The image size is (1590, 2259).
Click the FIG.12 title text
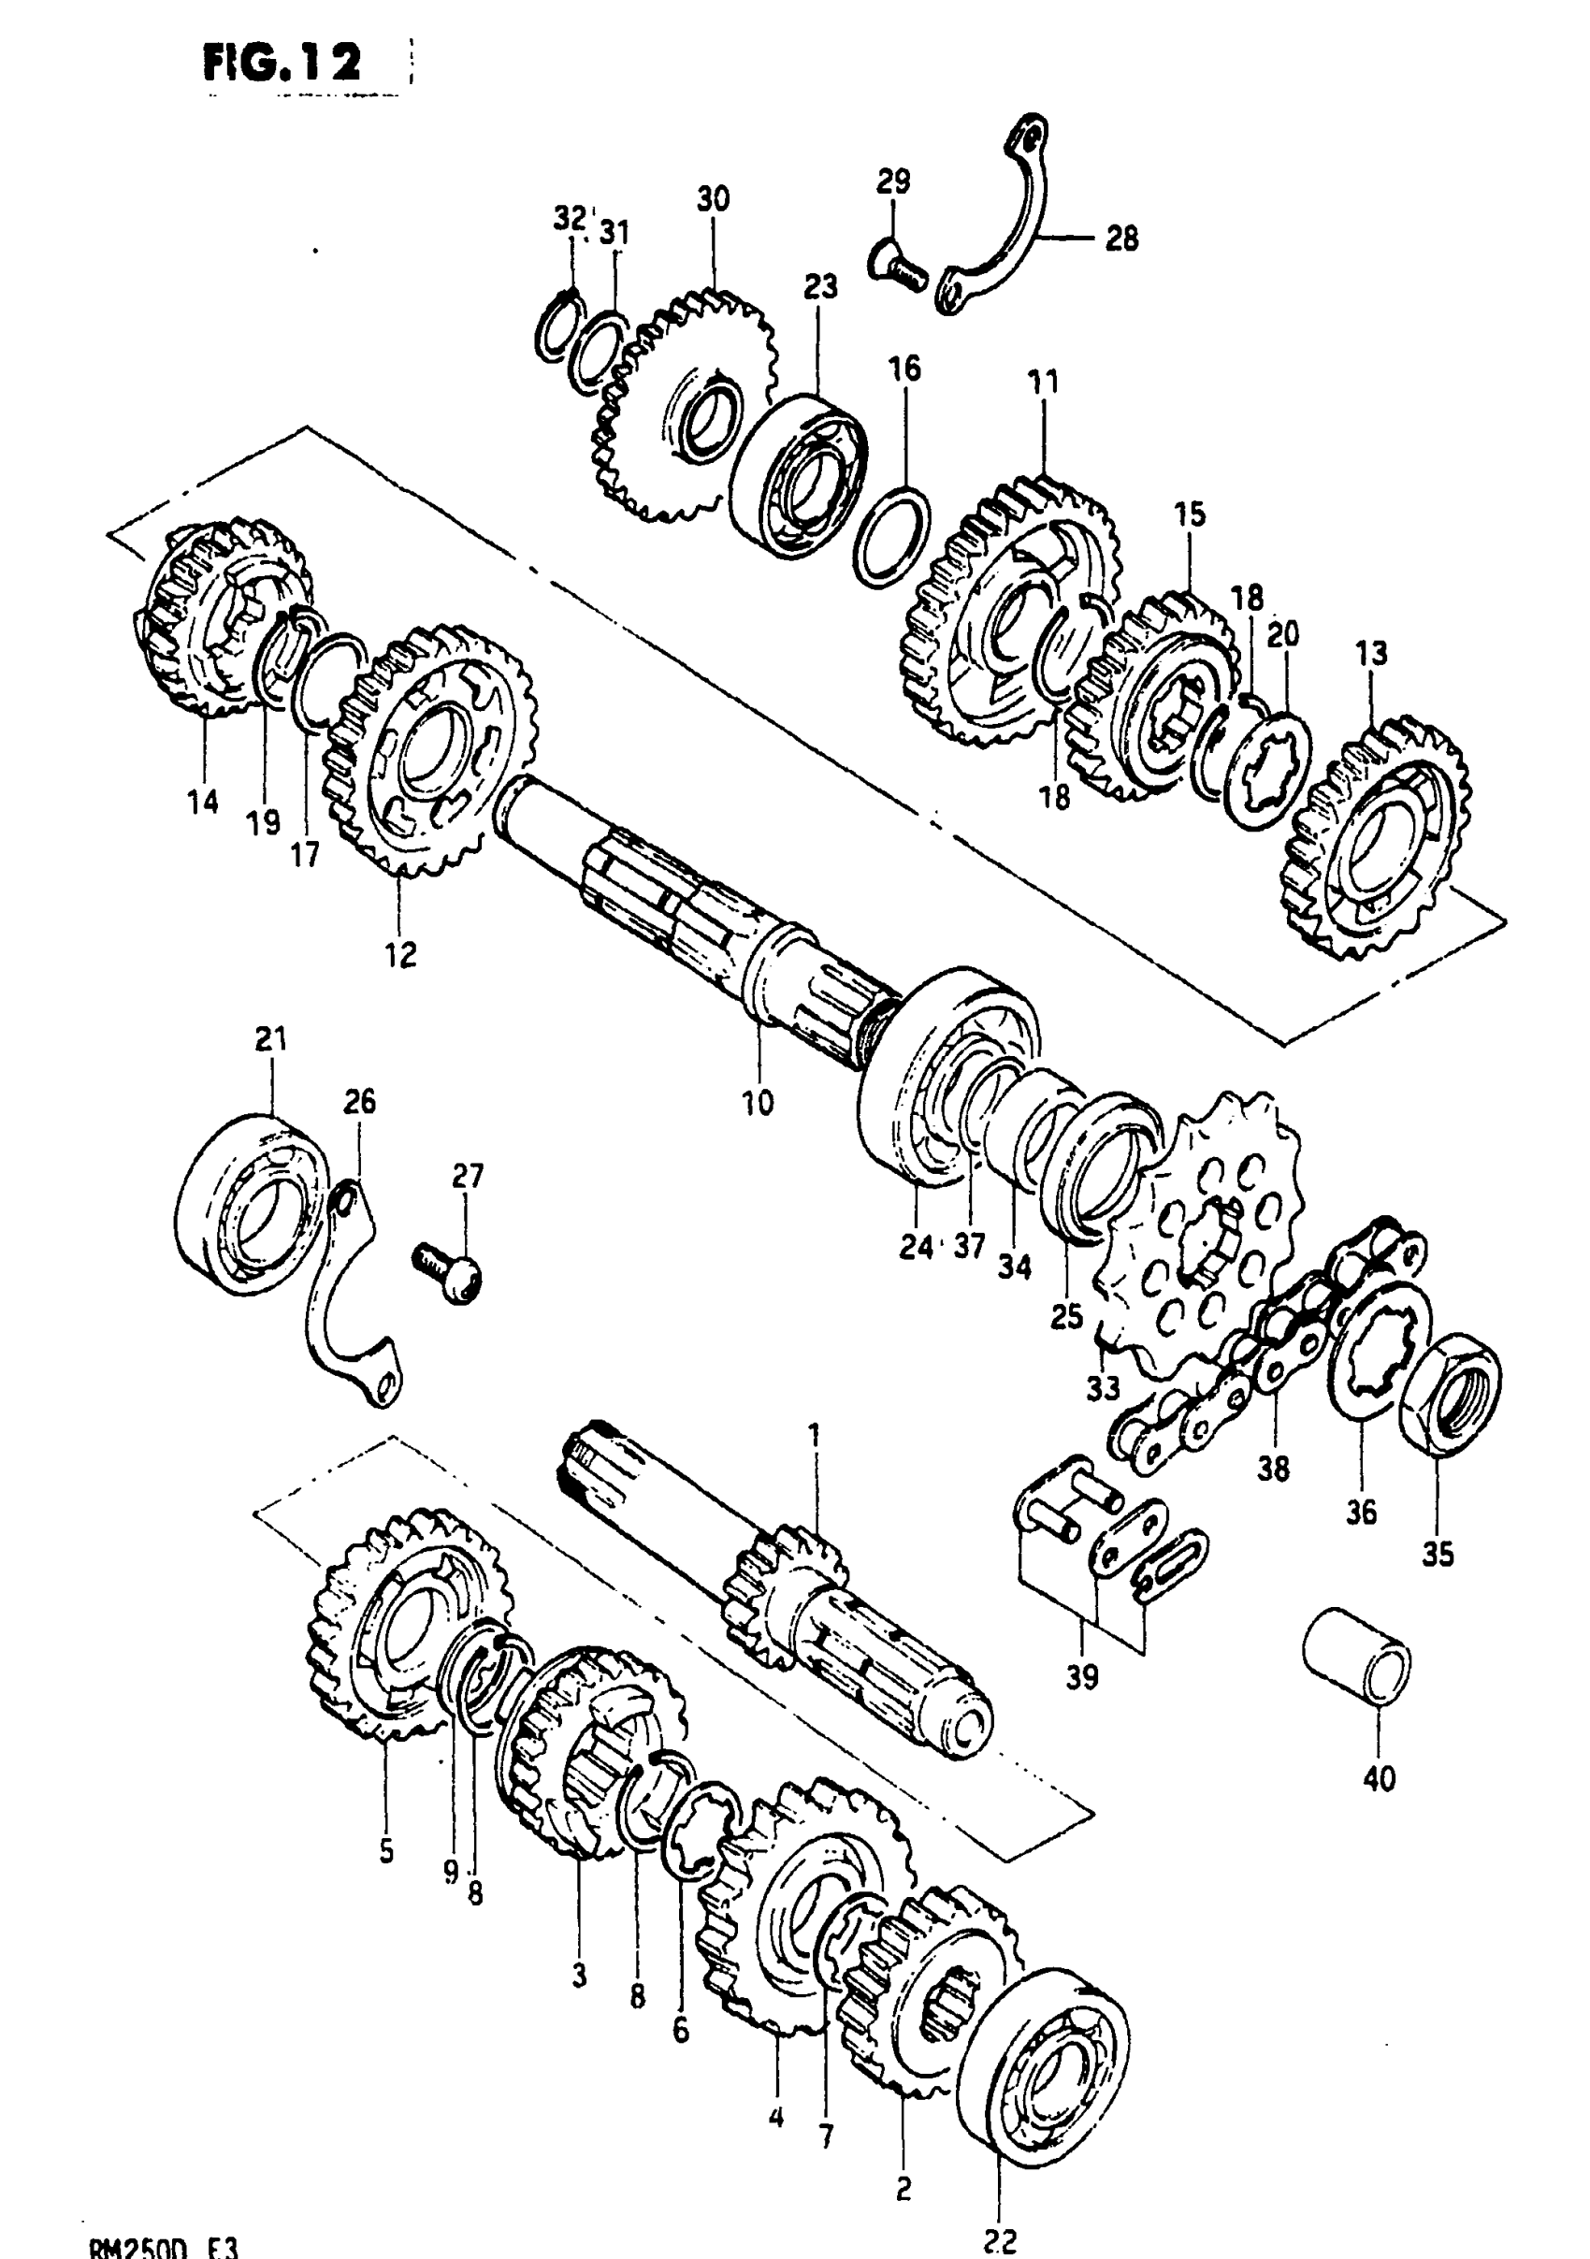[282, 64]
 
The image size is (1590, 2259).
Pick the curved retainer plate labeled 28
[1004, 231]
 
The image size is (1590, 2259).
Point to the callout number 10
[758, 1103]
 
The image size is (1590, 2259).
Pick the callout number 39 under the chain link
[1082, 1676]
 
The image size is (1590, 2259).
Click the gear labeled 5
[403, 1626]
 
